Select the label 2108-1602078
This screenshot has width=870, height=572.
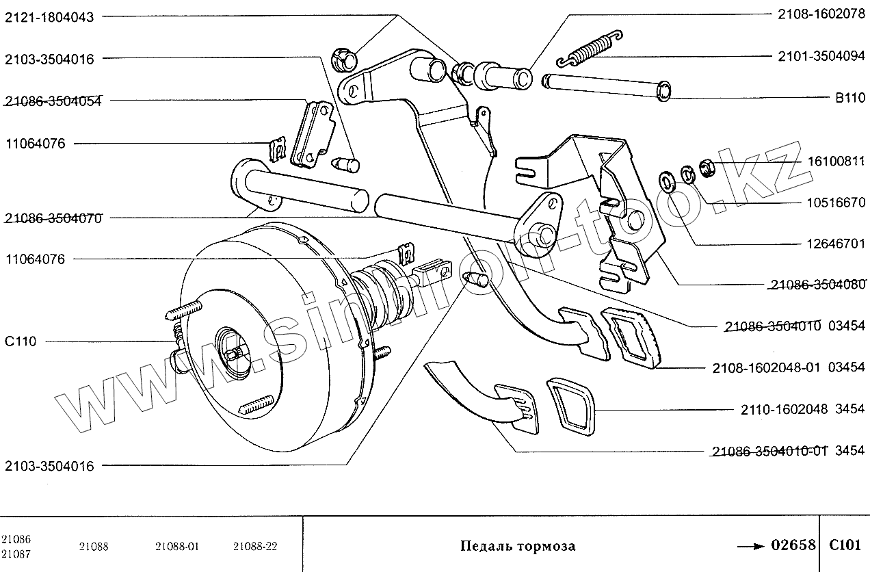pyautogui.click(x=821, y=14)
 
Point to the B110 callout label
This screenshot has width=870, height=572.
pyautogui.click(x=850, y=98)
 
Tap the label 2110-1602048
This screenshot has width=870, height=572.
pyautogui.click(x=785, y=411)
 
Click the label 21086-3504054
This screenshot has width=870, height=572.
pyautogui.click(x=53, y=101)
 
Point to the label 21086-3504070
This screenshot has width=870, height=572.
pyautogui.click(x=53, y=218)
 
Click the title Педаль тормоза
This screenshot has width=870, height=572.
pyautogui.click(x=517, y=546)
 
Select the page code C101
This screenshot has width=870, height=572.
pyautogui.click(x=845, y=545)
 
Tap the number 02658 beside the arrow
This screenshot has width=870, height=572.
pyautogui.click(x=793, y=545)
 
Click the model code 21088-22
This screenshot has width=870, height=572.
pyautogui.click(x=255, y=546)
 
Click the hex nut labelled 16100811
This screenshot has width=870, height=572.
pyautogui.click(x=709, y=165)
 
